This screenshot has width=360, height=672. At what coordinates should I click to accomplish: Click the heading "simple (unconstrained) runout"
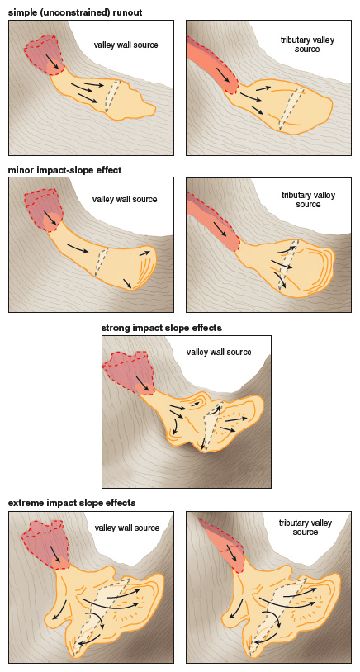click(75, 12)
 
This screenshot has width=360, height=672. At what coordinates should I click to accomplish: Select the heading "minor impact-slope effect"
click(64, 170)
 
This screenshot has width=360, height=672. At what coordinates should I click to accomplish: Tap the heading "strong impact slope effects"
click(162, 329)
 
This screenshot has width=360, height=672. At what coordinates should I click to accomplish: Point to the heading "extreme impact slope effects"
click(72, 503)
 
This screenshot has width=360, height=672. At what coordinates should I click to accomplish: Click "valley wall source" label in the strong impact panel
click(219, 353)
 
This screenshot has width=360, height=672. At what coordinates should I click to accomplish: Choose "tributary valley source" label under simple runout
click(307, 45)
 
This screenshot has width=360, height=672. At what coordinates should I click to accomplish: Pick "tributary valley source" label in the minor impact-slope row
click(308, 200)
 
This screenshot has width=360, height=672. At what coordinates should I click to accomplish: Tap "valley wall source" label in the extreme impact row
click(127, 528)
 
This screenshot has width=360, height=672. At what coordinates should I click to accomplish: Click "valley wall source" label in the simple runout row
click(126, 45)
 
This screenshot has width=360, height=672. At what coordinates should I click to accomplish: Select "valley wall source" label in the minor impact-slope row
click(125, 199)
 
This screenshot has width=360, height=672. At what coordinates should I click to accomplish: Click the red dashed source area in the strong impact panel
click(129, 371)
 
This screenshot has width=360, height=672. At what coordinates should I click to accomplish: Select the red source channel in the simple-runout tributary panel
click(213, 64)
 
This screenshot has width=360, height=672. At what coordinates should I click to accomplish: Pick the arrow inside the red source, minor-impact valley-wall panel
click(50, 216)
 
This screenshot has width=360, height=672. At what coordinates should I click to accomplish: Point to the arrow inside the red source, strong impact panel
click(144, 384)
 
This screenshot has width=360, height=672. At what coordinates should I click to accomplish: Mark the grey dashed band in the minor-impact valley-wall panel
click(101, 262)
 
